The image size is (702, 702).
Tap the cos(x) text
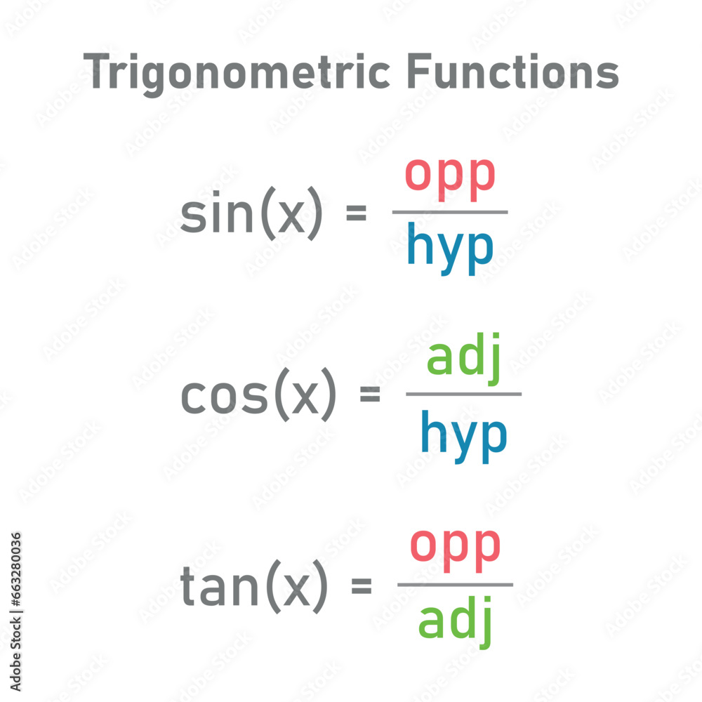pos(259,396)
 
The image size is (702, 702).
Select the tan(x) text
pos(254,586)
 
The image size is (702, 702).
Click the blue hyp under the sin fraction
pos(450,249)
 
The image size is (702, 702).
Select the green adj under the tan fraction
pos(456,621)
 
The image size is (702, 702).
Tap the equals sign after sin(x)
pos(357,213)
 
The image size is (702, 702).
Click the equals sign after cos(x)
pos(370,395)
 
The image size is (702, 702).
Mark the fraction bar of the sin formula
pos(450,212)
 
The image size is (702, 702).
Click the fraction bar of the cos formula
pos(463,394)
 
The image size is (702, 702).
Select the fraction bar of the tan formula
pos(455,584)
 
